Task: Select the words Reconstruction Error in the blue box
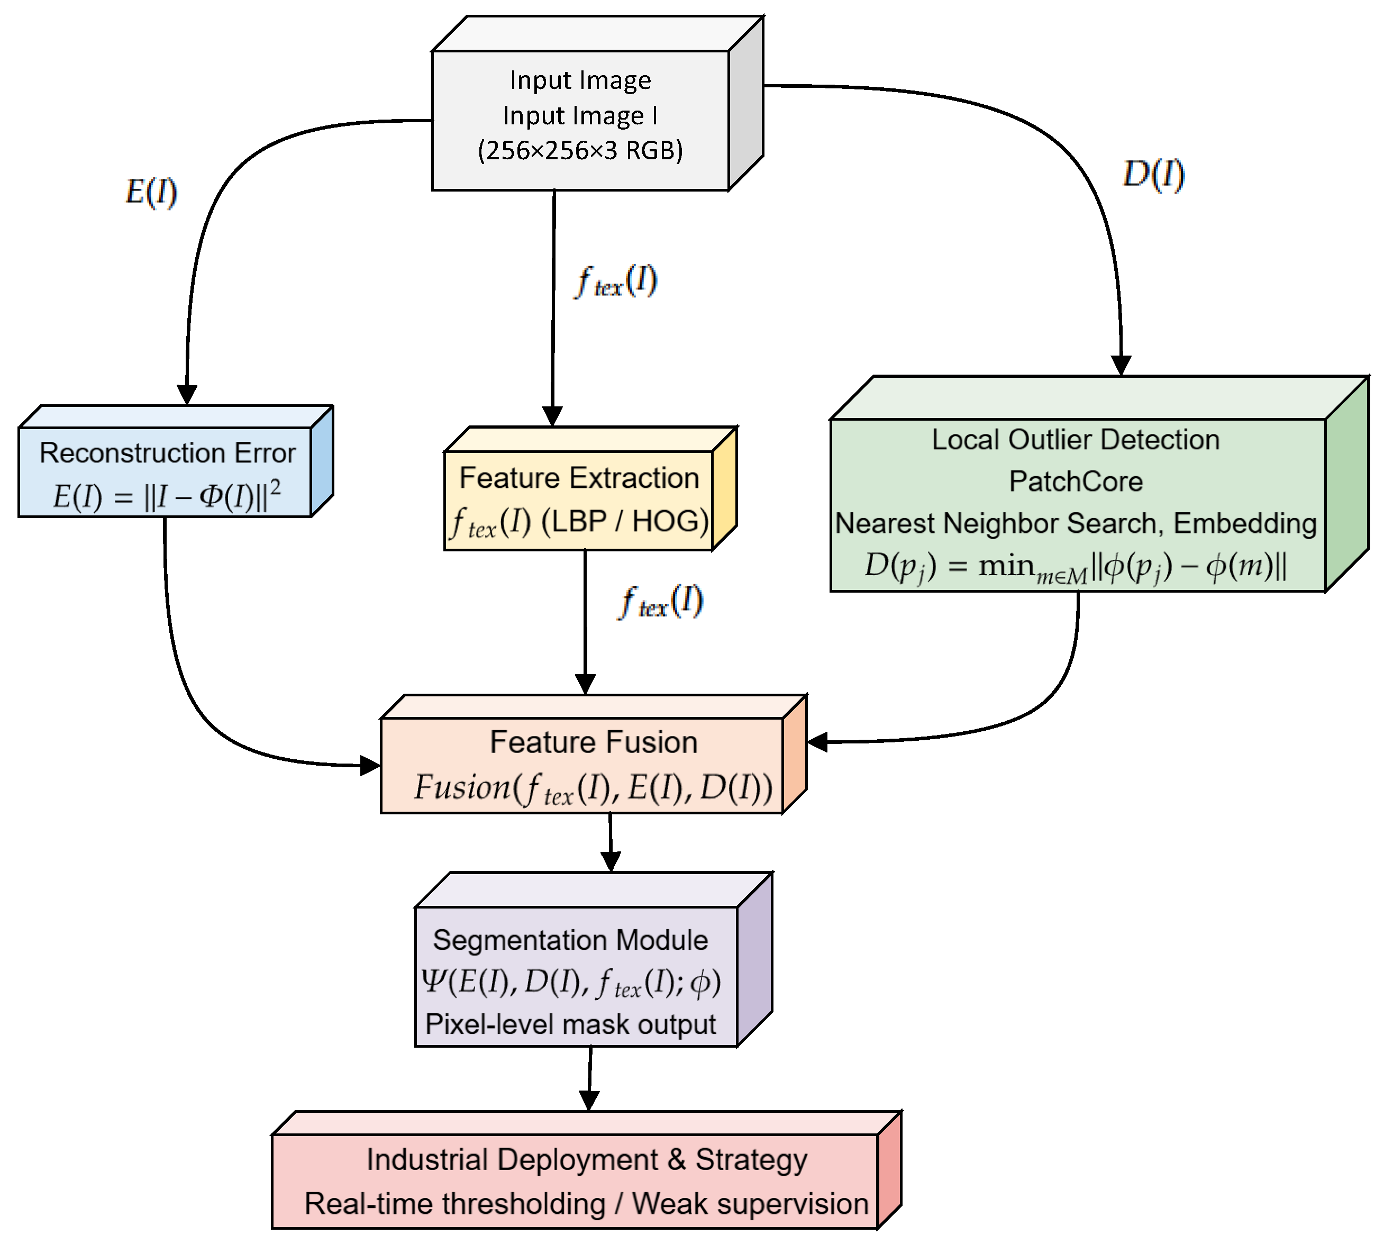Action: click(168, 453)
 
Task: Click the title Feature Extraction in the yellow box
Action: click(579, 478)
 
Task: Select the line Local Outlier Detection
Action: click(1075, 440)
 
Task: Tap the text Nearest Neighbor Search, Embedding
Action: click(1075, 523)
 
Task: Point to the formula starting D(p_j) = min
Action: click(1075, 567)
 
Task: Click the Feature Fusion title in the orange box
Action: click(593, 742)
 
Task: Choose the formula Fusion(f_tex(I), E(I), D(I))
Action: click(593, 787)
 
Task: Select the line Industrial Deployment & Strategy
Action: click(586, 1159)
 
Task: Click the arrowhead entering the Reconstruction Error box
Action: click(187, 395)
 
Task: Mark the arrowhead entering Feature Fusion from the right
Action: click(817, 742)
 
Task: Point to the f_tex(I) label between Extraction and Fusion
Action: click(660, 602)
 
